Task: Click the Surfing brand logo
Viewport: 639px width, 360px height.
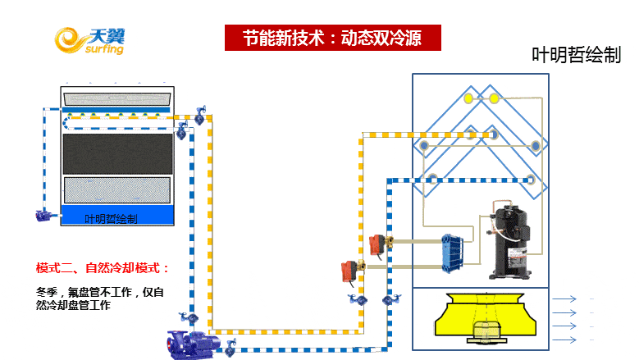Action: pos(90,39)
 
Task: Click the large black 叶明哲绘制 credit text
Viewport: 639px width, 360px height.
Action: pos(577,55)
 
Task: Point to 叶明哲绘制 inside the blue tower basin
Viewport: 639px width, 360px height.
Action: pos(111,219)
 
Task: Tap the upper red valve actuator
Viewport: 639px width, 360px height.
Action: pos(378,244)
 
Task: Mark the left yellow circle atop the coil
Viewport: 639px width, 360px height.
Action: pos(468,98)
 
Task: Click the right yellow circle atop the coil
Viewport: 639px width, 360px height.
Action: pos(495,98)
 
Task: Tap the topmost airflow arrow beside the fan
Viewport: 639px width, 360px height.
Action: pos(565,299)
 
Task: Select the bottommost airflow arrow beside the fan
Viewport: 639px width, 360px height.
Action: pos(565,339)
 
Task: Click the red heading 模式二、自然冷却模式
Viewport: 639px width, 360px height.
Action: pos(103,268)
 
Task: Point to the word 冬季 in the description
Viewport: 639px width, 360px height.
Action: pos(48,291)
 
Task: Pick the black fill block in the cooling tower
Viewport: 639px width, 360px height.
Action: pos(118,153)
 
